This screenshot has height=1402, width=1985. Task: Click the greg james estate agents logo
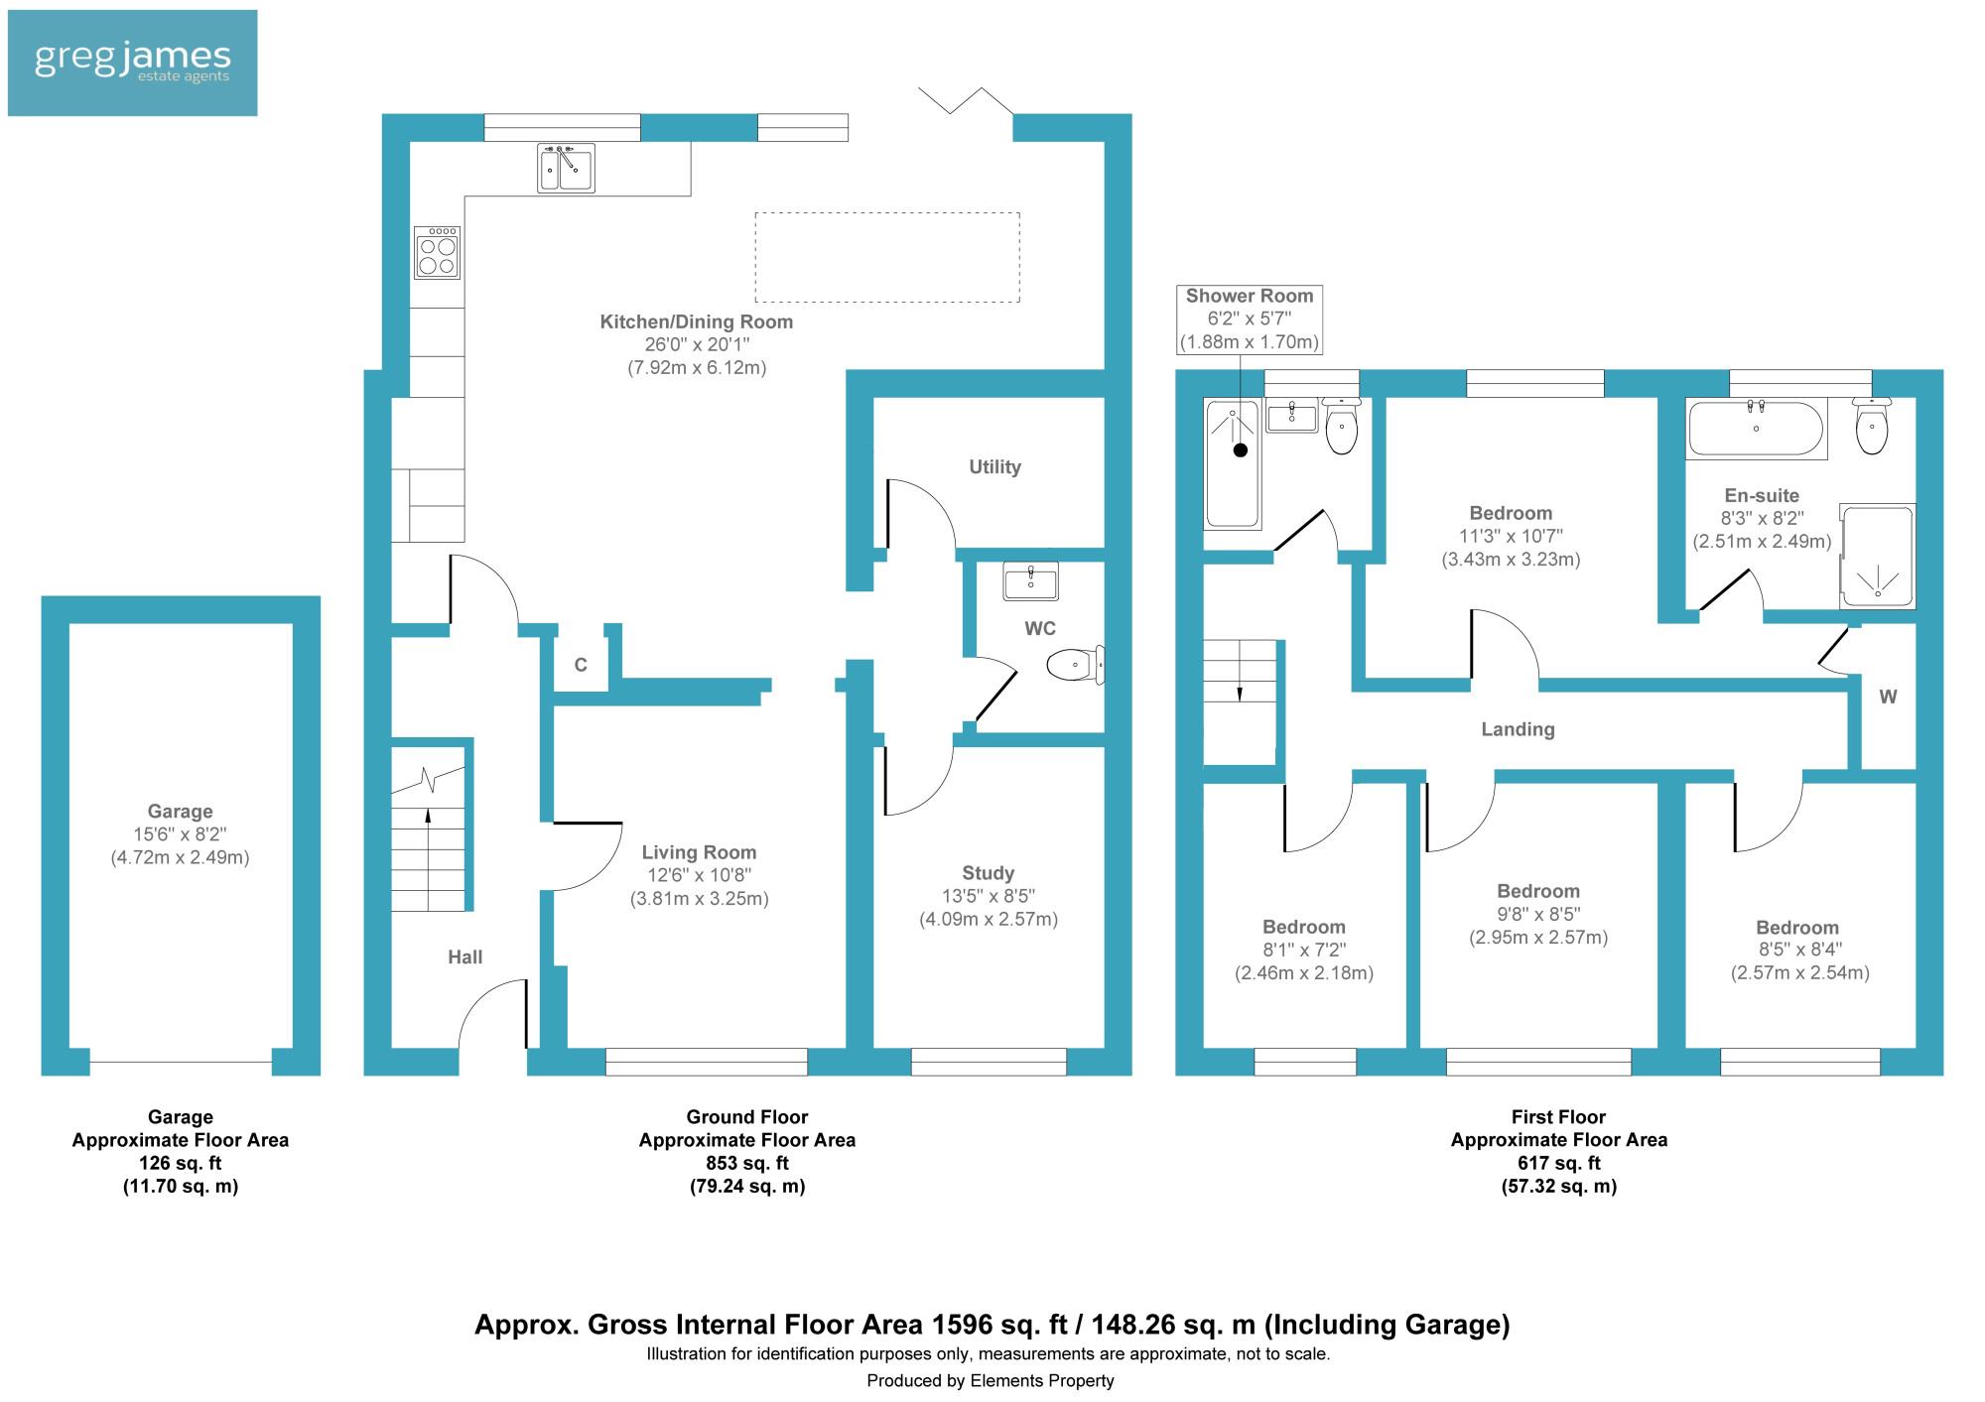[132, 63]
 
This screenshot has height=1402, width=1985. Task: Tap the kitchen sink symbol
[566, 168]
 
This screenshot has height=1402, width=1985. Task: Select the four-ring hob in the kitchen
[437, 252]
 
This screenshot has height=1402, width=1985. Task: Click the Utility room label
[994, 467]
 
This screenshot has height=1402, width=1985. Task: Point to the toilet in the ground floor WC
[1075, 664]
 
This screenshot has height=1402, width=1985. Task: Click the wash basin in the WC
[1030, 581]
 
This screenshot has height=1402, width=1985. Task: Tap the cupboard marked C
[581, 665]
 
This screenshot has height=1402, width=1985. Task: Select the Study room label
[988, 873]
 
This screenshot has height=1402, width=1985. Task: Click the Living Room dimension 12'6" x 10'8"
[699, 875]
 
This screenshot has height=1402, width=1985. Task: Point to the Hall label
[464, 957]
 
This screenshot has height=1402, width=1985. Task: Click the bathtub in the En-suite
[1757, 429]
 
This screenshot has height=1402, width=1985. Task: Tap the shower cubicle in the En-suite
[1877, 557]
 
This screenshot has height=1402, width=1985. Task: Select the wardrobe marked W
[1888, 697]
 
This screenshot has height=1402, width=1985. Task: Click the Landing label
[1518, 729]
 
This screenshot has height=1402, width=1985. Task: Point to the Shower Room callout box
[1250, 319]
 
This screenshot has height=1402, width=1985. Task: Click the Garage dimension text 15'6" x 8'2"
[180, 834]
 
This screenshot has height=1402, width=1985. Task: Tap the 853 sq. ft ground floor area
[747, 1163]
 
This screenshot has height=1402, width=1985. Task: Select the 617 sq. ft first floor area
[1559, 1163]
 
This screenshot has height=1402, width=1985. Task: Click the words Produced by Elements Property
[991, 1380]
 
